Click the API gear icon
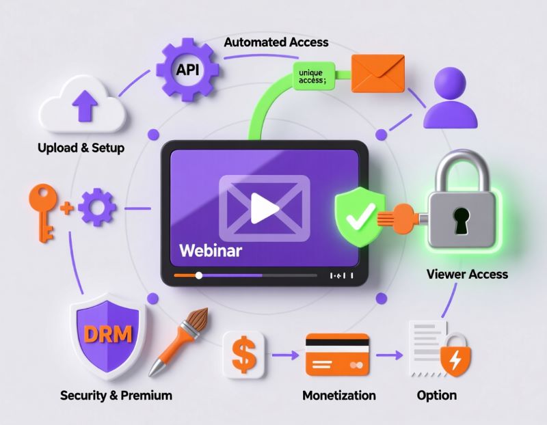coord(187,70)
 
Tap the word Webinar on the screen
coord(211,250)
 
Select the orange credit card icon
coord(337,354)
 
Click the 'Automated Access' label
coord(276,42)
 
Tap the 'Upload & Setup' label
coord(81,148)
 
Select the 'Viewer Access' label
coord(467,274)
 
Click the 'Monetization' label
coord(338,395)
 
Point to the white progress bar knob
coord(199,275)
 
